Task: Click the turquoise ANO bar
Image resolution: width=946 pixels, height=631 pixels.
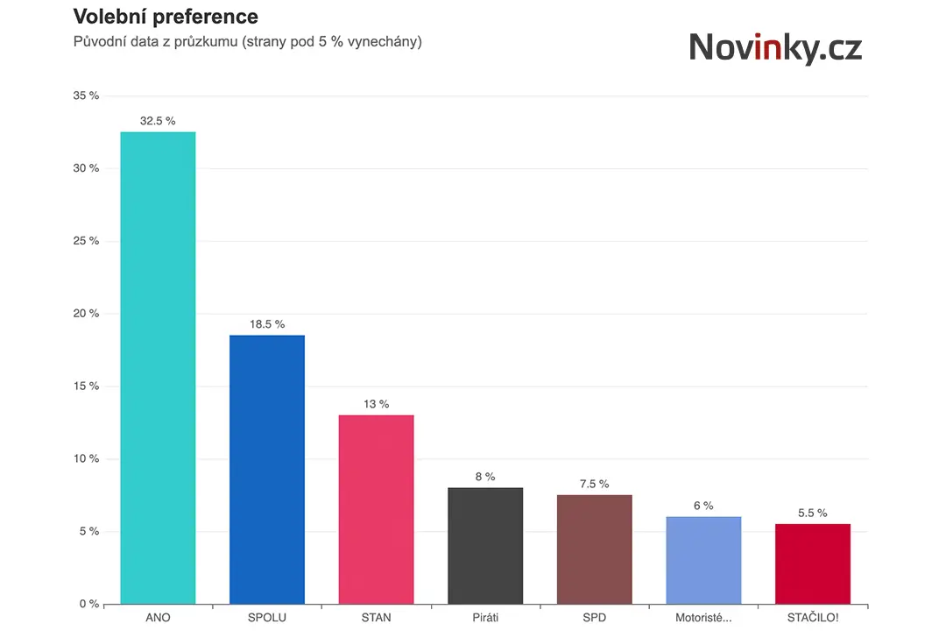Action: (158, 368)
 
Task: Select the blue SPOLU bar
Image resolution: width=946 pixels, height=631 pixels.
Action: (267, 469)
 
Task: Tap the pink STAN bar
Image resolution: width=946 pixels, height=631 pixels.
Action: (377, 509)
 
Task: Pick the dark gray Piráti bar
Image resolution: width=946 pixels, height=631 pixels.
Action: (485, 545)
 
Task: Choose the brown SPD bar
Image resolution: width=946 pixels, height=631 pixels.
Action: (594, 549)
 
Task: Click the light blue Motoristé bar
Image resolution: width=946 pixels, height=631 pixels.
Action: (703, 560)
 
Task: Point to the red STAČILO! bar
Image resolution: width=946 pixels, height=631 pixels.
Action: (813, 564)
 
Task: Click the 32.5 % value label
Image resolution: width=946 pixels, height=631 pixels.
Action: (158, 121)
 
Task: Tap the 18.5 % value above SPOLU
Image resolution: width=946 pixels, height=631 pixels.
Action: (267, 324)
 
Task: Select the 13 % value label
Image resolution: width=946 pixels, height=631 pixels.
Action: (377, 404)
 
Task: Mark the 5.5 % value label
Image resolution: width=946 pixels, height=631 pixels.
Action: (813, 513)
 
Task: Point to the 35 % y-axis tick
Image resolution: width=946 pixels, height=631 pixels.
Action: (86, 96)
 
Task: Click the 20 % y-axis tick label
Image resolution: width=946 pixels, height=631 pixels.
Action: (86, 314)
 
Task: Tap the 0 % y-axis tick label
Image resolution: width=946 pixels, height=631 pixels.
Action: (89, 604)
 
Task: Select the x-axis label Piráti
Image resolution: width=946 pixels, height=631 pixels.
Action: (485, 618)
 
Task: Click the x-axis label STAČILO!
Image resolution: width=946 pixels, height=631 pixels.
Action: (813, 618)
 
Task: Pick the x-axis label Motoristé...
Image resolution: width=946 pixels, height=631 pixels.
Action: (703, 618)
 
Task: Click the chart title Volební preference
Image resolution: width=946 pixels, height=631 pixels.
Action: (166, 17)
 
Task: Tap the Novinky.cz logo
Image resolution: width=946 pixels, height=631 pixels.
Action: (776, 47)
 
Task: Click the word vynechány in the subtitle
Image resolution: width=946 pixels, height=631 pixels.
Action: (385, 42)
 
